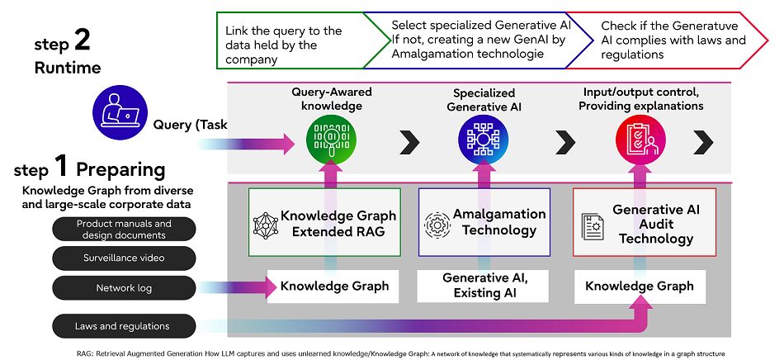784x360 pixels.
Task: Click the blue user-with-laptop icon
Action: coord(120,114)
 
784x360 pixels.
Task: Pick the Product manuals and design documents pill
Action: coord(124,229)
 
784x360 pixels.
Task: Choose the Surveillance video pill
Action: coord(124,258)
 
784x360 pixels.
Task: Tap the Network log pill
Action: coord(124,288)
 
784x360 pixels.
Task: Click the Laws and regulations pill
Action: coord(124,326)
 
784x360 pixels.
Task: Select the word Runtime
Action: coord(68,68)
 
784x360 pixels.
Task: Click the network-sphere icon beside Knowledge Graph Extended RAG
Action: coord(265,225)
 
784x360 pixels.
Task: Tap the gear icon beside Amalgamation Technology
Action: coord(437,225)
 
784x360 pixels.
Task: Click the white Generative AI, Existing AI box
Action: coord(483,286)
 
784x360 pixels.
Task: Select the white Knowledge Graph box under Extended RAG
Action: coord(333,286)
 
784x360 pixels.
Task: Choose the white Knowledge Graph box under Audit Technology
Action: coord(640,287)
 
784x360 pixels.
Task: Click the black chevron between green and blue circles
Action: coord(409,144)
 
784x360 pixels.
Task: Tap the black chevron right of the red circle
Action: coord(703,144)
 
